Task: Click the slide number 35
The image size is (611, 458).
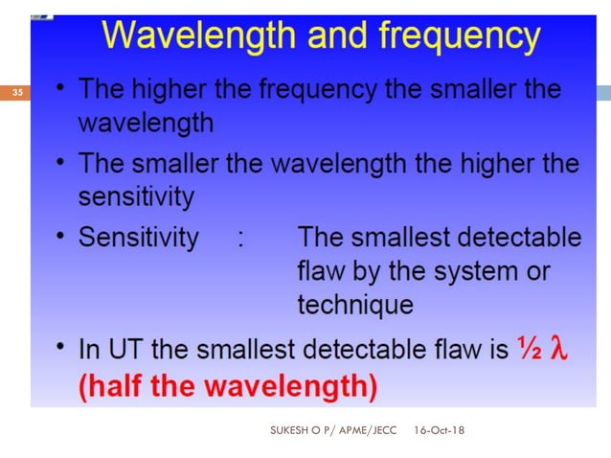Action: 17,93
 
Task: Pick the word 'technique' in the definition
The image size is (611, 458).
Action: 355,306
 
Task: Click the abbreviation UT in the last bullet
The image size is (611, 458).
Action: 120,352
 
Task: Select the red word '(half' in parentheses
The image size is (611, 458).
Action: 107,387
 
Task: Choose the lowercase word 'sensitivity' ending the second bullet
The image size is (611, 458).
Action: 136,197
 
